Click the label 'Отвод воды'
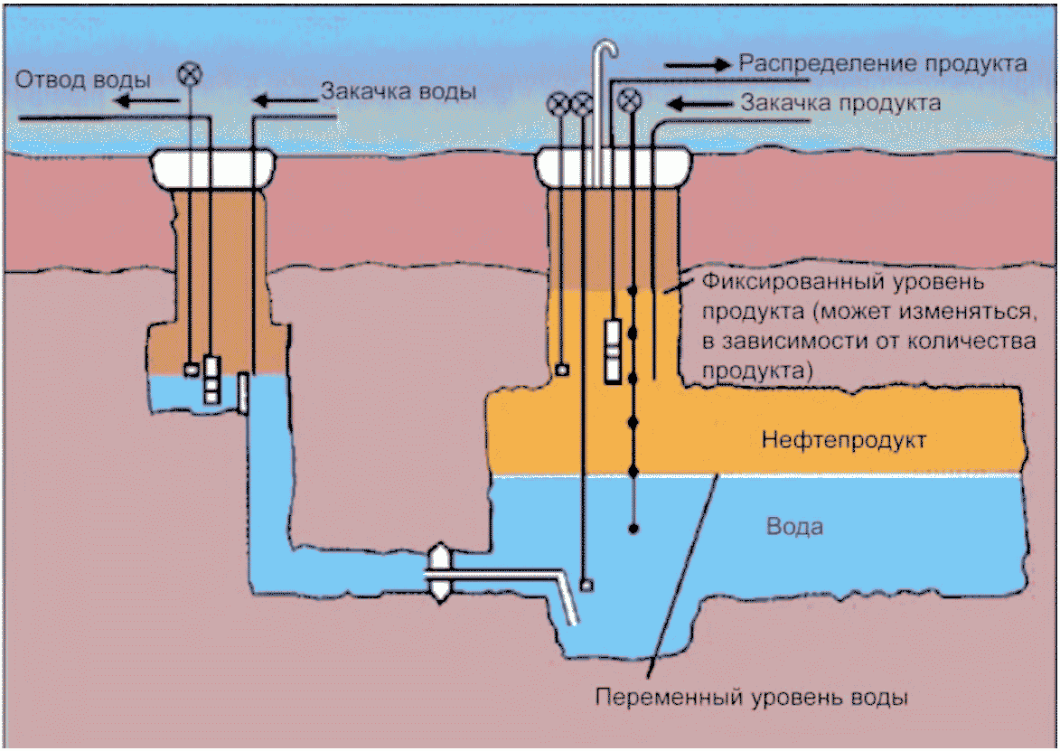point(82,80)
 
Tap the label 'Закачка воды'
point(399,91)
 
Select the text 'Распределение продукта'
point(882,63)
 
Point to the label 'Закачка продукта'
point(840,103)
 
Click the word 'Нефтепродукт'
point(844,440)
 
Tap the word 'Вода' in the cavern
point(794,527)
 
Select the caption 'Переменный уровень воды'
point(751,697)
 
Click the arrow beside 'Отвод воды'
point(145,101)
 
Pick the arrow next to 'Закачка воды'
point(285,101)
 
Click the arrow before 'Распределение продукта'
point(699,65)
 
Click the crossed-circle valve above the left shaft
point(190,74)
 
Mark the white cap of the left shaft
point(212,169)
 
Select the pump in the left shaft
point(212,380)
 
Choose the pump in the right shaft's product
point(614,352)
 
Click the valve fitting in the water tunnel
point(440,574)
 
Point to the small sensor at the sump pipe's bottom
point(586,584)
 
